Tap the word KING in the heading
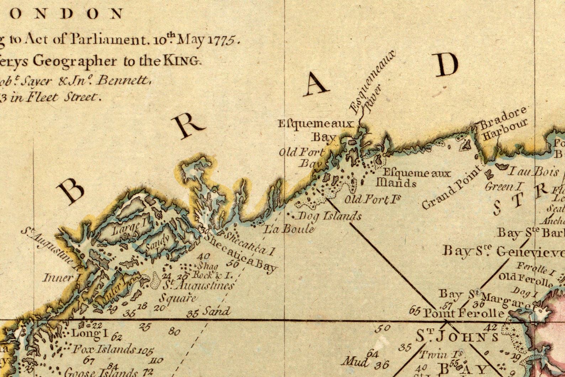(x=181, y=61)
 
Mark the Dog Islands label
(x=329, y=216)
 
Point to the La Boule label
(x=289, y=228)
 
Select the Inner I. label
(x=58, y=277)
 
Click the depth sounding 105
(x=145, y=351)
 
